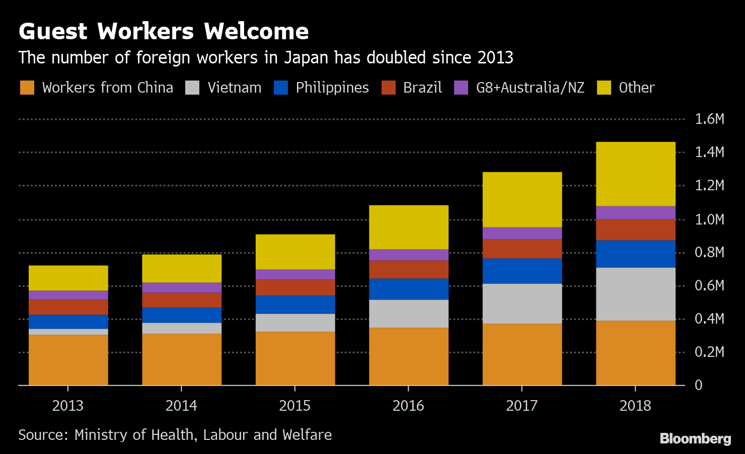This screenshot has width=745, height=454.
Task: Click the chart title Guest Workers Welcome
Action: [164, 31]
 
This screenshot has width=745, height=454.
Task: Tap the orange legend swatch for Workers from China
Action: [27, 88]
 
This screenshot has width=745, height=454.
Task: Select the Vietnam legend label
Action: [234, 88]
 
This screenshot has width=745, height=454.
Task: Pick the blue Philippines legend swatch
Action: [281, 88]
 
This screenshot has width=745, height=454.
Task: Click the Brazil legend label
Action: [422, 88]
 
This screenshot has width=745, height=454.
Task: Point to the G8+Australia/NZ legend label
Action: [530, 88]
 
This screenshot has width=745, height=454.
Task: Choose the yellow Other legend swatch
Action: [604, 88]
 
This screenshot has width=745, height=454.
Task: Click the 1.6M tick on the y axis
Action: [709, 119]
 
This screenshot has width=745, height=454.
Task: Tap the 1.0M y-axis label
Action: [709, 219]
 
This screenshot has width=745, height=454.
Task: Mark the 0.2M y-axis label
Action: [709, 352]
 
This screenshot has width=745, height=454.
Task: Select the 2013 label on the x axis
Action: [68, 406]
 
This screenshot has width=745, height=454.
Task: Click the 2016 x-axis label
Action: [408, 406]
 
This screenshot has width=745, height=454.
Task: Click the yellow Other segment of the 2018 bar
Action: [635, 174]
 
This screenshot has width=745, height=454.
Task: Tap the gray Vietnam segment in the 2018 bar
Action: [635, 294]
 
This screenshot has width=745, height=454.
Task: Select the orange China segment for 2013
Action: [68, 360]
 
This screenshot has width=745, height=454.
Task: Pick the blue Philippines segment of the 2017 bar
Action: [522, 271]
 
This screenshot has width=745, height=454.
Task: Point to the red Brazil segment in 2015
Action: [295, 287]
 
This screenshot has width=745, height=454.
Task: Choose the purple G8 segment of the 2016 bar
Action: [408, 255]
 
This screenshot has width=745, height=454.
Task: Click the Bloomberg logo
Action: [695, 438]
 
